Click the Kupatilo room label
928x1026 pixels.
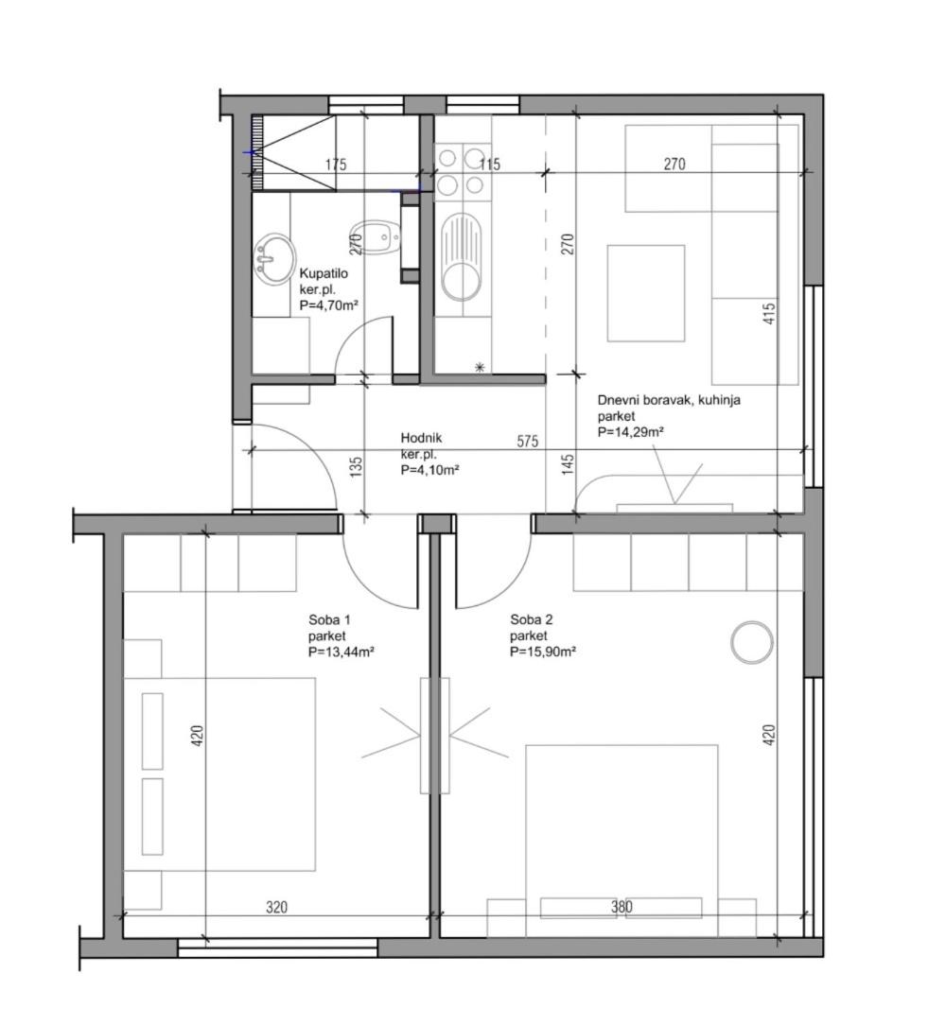click(324, 273)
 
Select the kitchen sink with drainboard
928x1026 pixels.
click(462, 257)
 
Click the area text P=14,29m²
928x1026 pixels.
click(631, 432)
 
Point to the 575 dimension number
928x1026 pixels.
click(528, 441)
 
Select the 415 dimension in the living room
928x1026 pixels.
click(770, 313)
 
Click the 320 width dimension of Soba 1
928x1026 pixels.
click(277, 908)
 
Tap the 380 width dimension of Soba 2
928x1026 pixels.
click(622, 907)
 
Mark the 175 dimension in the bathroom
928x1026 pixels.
click(336, 165)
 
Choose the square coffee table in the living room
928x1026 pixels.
click(646, 293)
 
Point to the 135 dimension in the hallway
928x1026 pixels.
click(356, 467)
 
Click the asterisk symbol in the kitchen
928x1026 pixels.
click(481, 368)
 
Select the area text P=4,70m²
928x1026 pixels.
click(328, 304)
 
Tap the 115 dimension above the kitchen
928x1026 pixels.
click(489, 165)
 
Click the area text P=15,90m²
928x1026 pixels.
click(543, 652)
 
